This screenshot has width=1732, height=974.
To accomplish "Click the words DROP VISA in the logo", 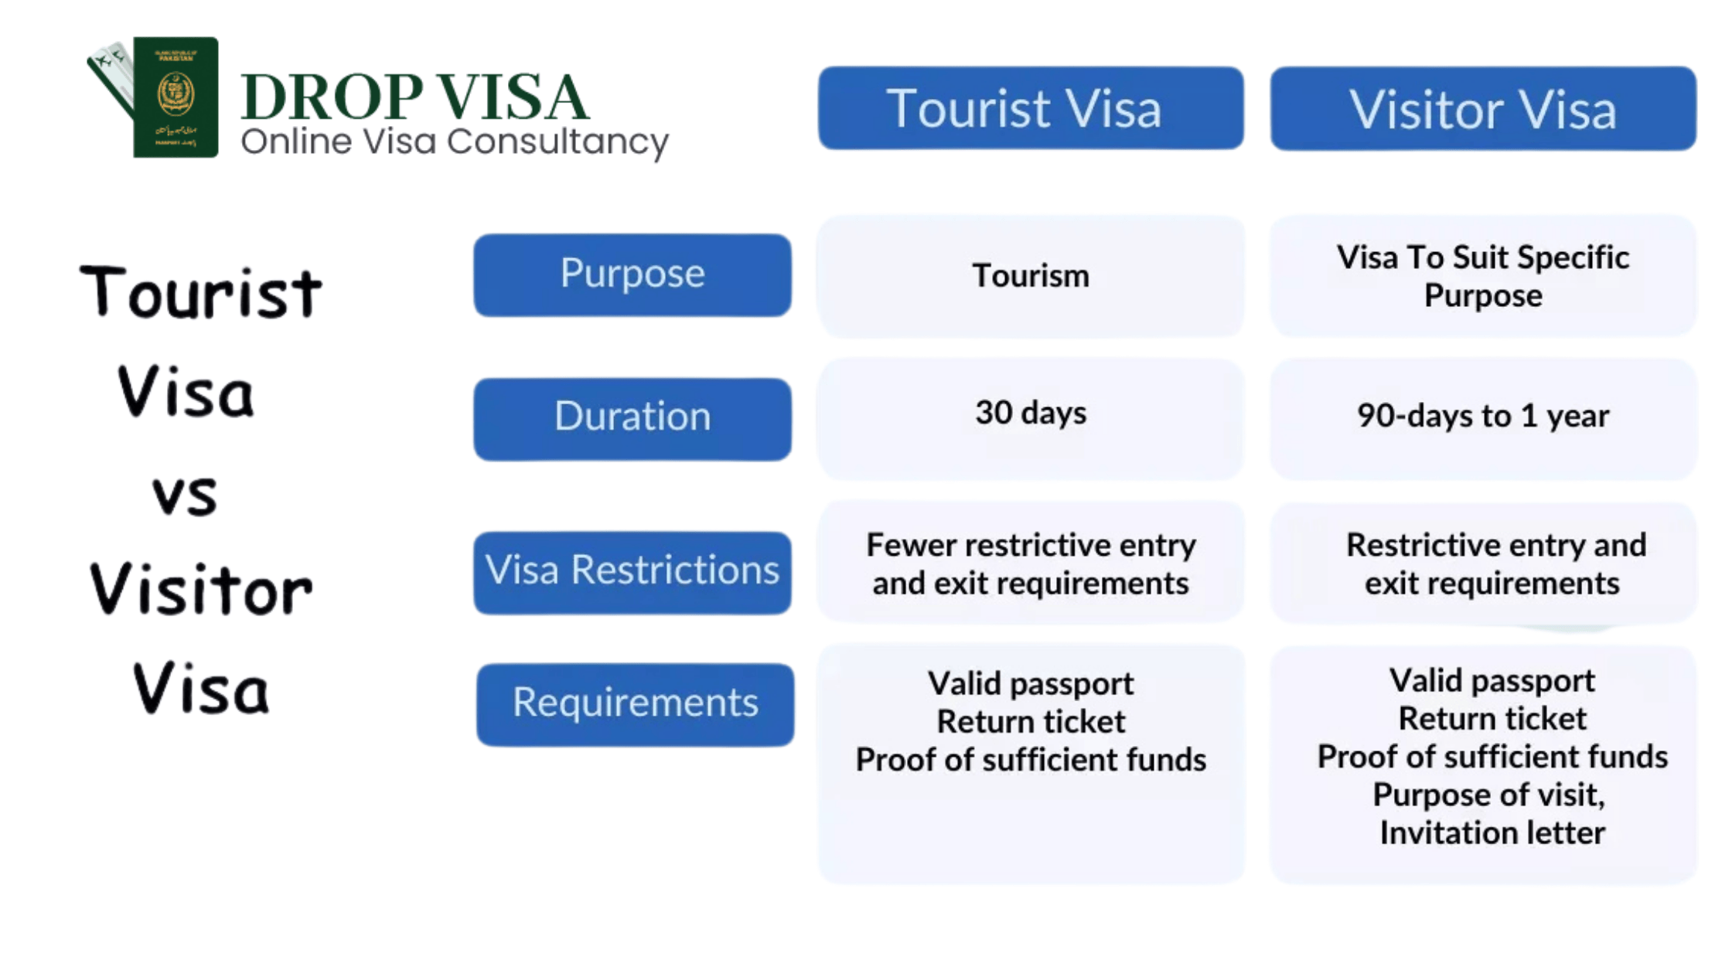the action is [415, 97].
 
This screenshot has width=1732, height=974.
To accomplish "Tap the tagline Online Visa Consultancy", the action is [455, 142].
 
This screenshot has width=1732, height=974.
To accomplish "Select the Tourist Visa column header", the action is [1031, 108].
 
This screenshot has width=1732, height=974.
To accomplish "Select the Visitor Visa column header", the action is [1483, 108].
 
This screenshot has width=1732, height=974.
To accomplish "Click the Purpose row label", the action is [632, 275].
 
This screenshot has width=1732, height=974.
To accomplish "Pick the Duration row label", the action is [632, 419].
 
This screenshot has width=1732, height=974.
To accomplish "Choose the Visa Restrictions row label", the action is [632, 573].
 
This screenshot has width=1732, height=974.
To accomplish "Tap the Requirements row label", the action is [635, 704].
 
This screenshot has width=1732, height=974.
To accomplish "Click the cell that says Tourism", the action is [1031, 276].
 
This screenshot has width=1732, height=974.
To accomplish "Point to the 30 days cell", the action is [1031, 418].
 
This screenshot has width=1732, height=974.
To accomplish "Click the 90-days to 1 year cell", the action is [1483, 418].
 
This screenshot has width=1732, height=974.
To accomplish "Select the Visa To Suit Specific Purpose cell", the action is [1483, 276].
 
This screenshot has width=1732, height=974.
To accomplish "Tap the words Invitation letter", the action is [1492, 833].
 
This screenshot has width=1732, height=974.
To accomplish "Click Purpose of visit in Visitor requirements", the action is [1488, 795].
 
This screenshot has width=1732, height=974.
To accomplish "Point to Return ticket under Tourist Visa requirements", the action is [1031, 722].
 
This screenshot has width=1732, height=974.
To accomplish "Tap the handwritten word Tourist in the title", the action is [201, 291].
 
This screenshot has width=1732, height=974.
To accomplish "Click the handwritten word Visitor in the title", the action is [201, 588].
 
